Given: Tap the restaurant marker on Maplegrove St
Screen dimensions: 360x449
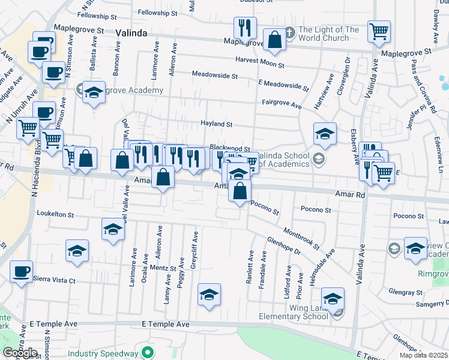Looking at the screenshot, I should (244, 28).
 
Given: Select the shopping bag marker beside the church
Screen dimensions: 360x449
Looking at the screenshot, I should (274, 40).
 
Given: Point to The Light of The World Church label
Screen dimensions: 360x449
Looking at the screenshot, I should (328, 34).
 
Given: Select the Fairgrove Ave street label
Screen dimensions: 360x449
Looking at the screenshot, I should (281, 104).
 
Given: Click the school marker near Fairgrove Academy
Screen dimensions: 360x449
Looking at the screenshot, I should (94, 92).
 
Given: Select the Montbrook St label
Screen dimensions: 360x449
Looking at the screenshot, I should (300, 238).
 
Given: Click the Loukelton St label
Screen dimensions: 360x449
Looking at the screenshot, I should (55, 214).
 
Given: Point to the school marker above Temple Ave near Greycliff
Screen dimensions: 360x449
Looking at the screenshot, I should (209, 295).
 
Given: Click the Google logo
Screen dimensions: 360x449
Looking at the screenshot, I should (20, 353).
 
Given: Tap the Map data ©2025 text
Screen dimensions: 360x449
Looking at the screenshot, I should (424, 355).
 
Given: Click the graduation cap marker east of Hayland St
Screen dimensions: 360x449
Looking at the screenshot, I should (325, 134).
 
